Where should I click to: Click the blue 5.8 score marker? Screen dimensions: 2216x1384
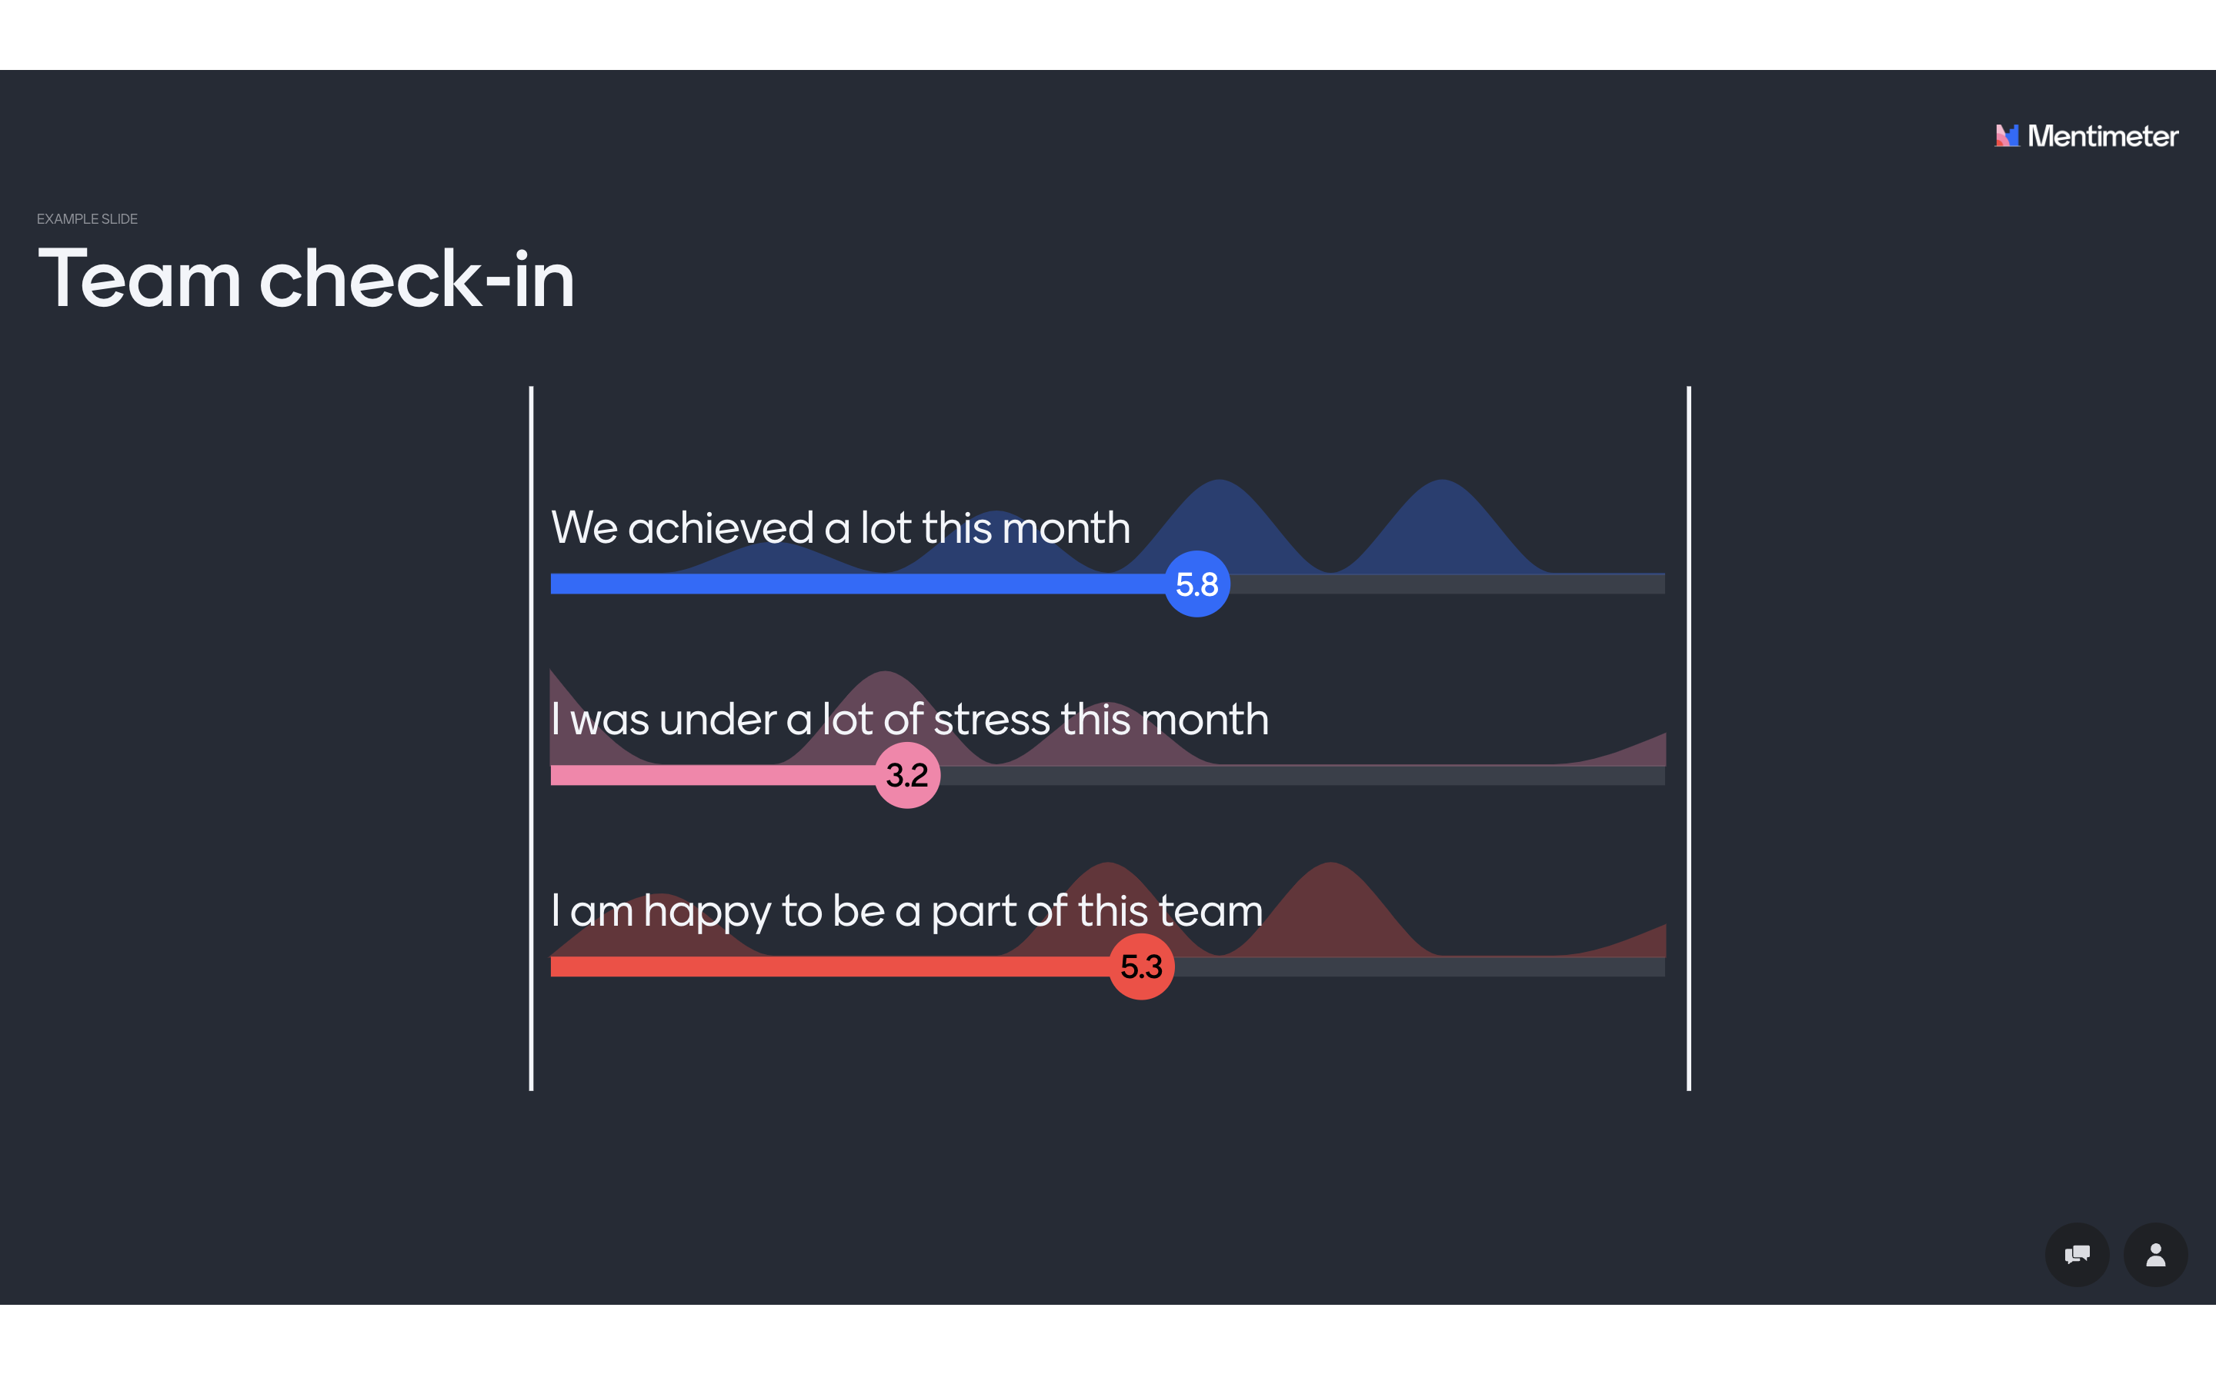1196,584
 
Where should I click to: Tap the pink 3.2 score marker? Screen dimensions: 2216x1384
906,775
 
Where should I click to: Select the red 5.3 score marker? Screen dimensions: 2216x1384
1141,966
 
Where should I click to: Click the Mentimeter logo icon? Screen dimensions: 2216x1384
2006,135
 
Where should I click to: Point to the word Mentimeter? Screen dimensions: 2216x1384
2102,136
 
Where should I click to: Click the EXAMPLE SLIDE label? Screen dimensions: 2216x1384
87,219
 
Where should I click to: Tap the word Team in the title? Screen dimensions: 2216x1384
139,278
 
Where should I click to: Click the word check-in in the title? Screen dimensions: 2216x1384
416,278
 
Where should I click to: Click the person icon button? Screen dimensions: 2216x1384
2155,1254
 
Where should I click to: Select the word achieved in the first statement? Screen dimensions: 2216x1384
721,528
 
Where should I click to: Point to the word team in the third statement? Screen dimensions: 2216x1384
1210,912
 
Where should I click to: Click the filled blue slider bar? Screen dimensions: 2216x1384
857,584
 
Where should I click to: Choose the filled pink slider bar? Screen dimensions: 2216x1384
713,775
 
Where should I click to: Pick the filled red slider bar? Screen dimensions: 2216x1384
829,966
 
